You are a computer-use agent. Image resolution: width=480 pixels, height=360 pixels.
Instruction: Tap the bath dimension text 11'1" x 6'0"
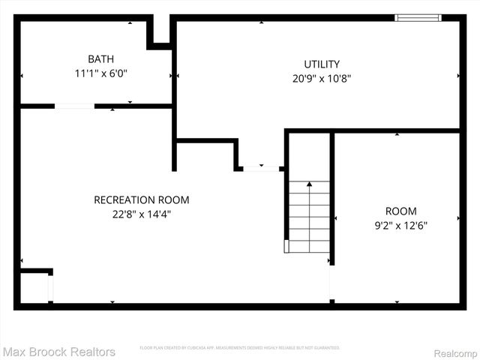(x=101, y=73)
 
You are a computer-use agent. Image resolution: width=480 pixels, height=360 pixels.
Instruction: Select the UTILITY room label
(x=321, y=64)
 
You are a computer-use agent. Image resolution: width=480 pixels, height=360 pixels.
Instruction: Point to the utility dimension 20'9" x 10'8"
(x=321, y=78)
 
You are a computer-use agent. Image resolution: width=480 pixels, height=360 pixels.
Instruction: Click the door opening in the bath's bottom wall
(x=74, y=106)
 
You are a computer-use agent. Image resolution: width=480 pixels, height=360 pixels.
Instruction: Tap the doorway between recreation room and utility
(x=261, y=169)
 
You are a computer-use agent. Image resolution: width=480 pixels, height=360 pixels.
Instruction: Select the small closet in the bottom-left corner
(x=34, y=286)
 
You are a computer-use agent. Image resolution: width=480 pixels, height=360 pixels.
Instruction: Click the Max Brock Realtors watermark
(x=59, y=351)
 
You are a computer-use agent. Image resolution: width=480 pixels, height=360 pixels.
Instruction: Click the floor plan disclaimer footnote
(x=240, y=348)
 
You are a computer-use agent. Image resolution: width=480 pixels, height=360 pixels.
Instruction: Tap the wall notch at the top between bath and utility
(x=159, y=32)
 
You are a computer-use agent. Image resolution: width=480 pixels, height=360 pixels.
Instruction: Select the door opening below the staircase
(x=330, y=283)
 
